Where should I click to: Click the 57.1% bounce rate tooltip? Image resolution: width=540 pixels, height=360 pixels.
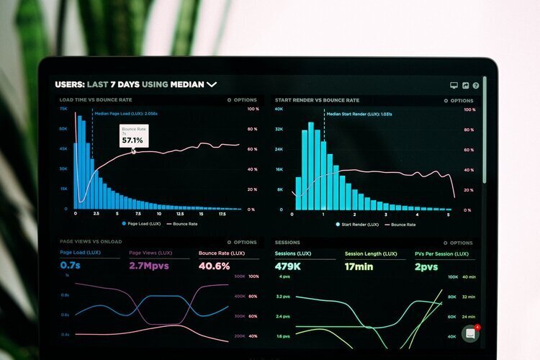pyautogui.click(x=134, y=136)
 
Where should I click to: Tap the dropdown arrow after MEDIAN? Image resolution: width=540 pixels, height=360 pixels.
pyautogui.click(x=212, y=84)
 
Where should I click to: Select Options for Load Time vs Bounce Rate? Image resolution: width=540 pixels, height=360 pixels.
pyautogui.click(x=243, y=100)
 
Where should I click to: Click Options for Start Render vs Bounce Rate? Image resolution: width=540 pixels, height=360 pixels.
pyautogui.click(x=459, y=101)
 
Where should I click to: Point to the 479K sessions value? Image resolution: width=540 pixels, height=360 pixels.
pyautogui.click(x=287, y=266)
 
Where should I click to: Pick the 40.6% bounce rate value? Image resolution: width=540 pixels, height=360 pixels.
pyautogui.click(x=214, y=266)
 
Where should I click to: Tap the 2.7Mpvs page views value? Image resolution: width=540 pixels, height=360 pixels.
pyautogui.click(x=150, y=266)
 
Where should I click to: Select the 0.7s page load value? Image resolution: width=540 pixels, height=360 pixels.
pyautogui.click(x=71, y=266)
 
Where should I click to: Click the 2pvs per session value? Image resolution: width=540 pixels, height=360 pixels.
pyautogui.click(x=426, y=266)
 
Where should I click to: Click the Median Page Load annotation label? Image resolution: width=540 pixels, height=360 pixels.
pyautogui.click(x=126, y=113)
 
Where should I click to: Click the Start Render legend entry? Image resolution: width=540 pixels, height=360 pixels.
pyautogui.click(x=359, y=225)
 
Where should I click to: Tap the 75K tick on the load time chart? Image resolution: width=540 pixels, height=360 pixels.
pyautogui.click(x=63, y=109)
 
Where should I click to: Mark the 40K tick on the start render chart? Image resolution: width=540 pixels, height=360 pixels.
pyautogui.click(x=278, y=109)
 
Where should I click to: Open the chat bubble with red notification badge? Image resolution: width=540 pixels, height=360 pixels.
pyautogui.click(x=471, y=333)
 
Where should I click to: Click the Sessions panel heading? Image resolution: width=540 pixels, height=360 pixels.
pyautogui.click(x=287, y=242)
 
